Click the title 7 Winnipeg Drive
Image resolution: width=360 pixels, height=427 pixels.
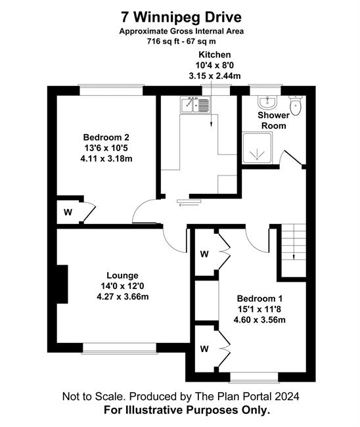181,17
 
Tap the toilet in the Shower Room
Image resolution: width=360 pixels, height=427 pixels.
296,105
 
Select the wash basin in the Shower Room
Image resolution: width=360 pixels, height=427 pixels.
267,102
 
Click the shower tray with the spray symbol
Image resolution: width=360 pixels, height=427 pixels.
257,148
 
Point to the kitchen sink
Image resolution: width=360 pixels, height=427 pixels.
195,104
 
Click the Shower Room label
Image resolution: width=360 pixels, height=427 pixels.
274,120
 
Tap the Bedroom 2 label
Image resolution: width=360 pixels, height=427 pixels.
106,137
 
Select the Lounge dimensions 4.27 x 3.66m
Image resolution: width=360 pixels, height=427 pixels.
123,296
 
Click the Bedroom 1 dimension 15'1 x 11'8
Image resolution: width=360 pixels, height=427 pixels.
259,309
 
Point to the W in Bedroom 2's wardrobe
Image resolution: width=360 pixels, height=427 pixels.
68,212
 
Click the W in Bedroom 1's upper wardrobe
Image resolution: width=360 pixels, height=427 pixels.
204,254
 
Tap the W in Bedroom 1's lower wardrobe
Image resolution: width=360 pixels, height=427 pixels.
204,349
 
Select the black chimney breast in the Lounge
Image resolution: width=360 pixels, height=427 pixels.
62,284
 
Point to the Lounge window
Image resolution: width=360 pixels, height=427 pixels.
120,348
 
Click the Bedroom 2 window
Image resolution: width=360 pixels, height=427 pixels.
111,90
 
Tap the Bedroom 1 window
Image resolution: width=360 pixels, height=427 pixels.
254,378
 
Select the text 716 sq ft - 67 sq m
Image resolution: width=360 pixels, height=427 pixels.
181,41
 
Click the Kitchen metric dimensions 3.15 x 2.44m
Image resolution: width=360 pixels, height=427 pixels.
215,76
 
